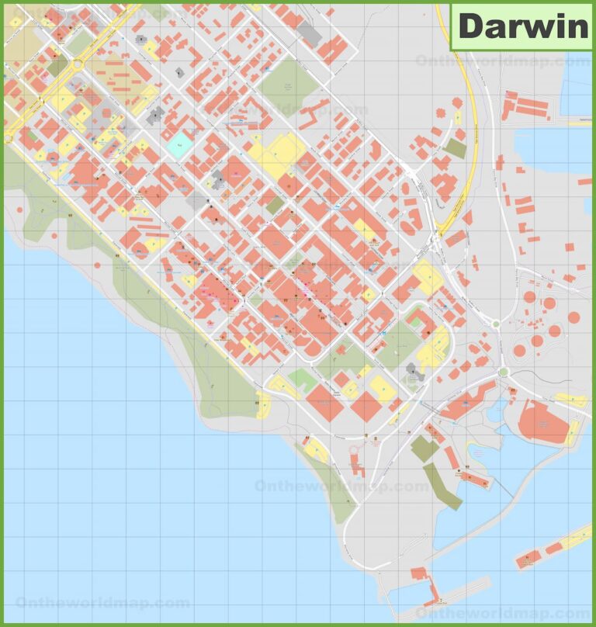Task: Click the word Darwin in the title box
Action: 522,26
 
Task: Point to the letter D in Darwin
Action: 471,26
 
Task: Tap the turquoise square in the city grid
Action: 178,144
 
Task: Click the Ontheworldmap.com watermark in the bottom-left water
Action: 102,602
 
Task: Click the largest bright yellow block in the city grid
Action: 276,154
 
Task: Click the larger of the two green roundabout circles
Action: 503,372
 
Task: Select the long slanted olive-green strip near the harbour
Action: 442,487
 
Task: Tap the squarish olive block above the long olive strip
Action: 424,448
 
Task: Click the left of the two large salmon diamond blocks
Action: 324,403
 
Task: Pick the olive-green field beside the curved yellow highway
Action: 456,147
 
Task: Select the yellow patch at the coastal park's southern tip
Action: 263,404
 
